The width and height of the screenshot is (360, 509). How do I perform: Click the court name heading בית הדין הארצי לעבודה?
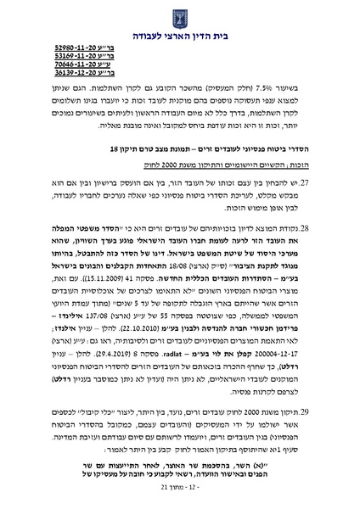coord(179,35)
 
